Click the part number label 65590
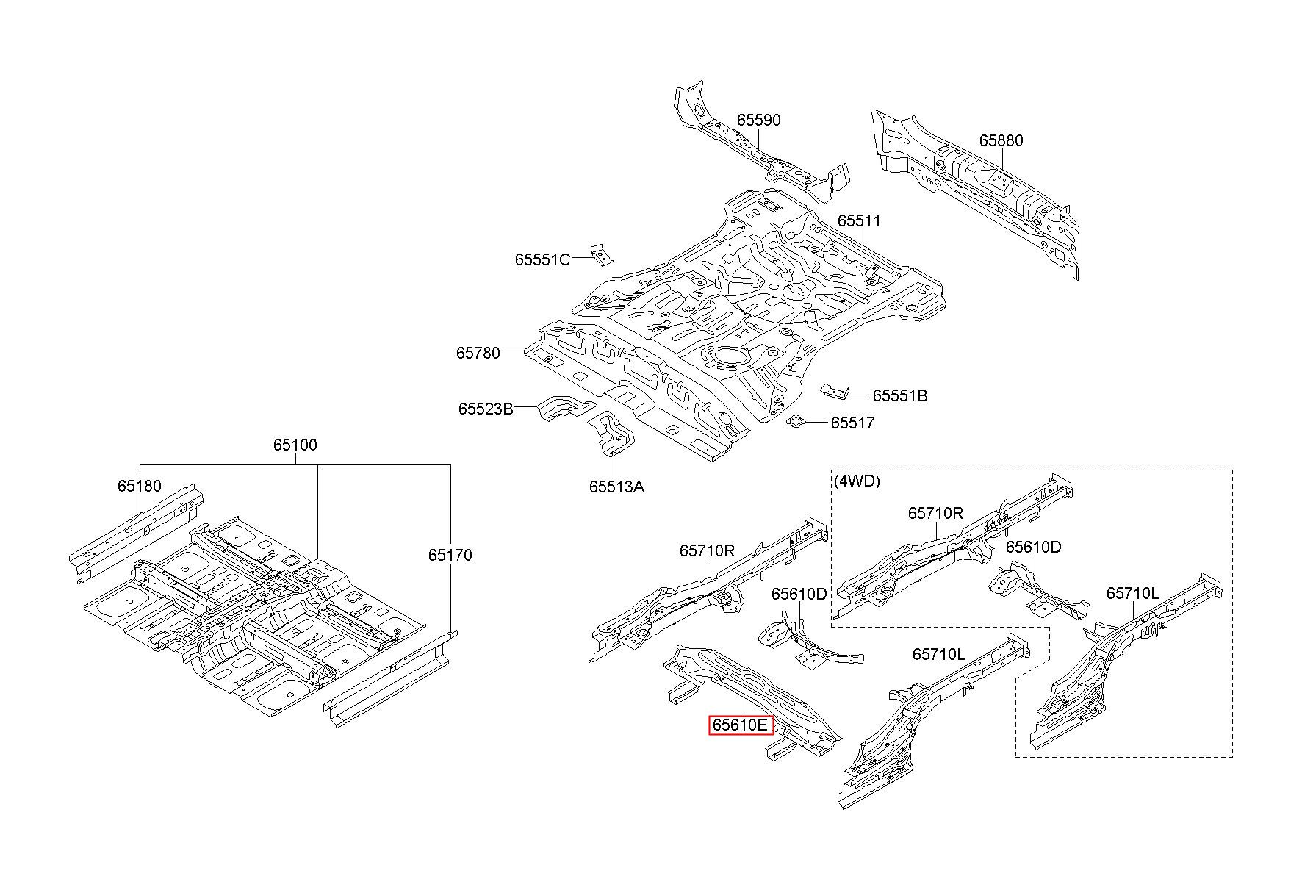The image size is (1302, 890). click(759, 120)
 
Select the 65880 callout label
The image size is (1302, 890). click(1001, 140)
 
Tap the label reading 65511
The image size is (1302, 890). click(859, 220)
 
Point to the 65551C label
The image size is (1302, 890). click(542, 259)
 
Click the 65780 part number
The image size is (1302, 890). click(478, 353)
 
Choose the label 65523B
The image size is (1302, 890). click(486, 409)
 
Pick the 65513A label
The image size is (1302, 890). click(616, 487)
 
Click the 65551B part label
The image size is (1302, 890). click(900, 396)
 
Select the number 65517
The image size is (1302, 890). click(852, 423)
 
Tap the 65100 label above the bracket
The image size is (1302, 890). click(295, 445)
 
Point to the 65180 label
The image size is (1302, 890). click(140, 486)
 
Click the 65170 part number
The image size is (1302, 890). click(450, 555)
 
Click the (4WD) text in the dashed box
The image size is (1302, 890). click(857, 481)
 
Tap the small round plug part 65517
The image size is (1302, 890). click(796, 421)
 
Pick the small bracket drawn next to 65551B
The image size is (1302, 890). click(835, 391)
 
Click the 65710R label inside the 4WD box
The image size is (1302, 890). click(935, 513)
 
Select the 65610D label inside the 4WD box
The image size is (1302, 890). click(1034, 547)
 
